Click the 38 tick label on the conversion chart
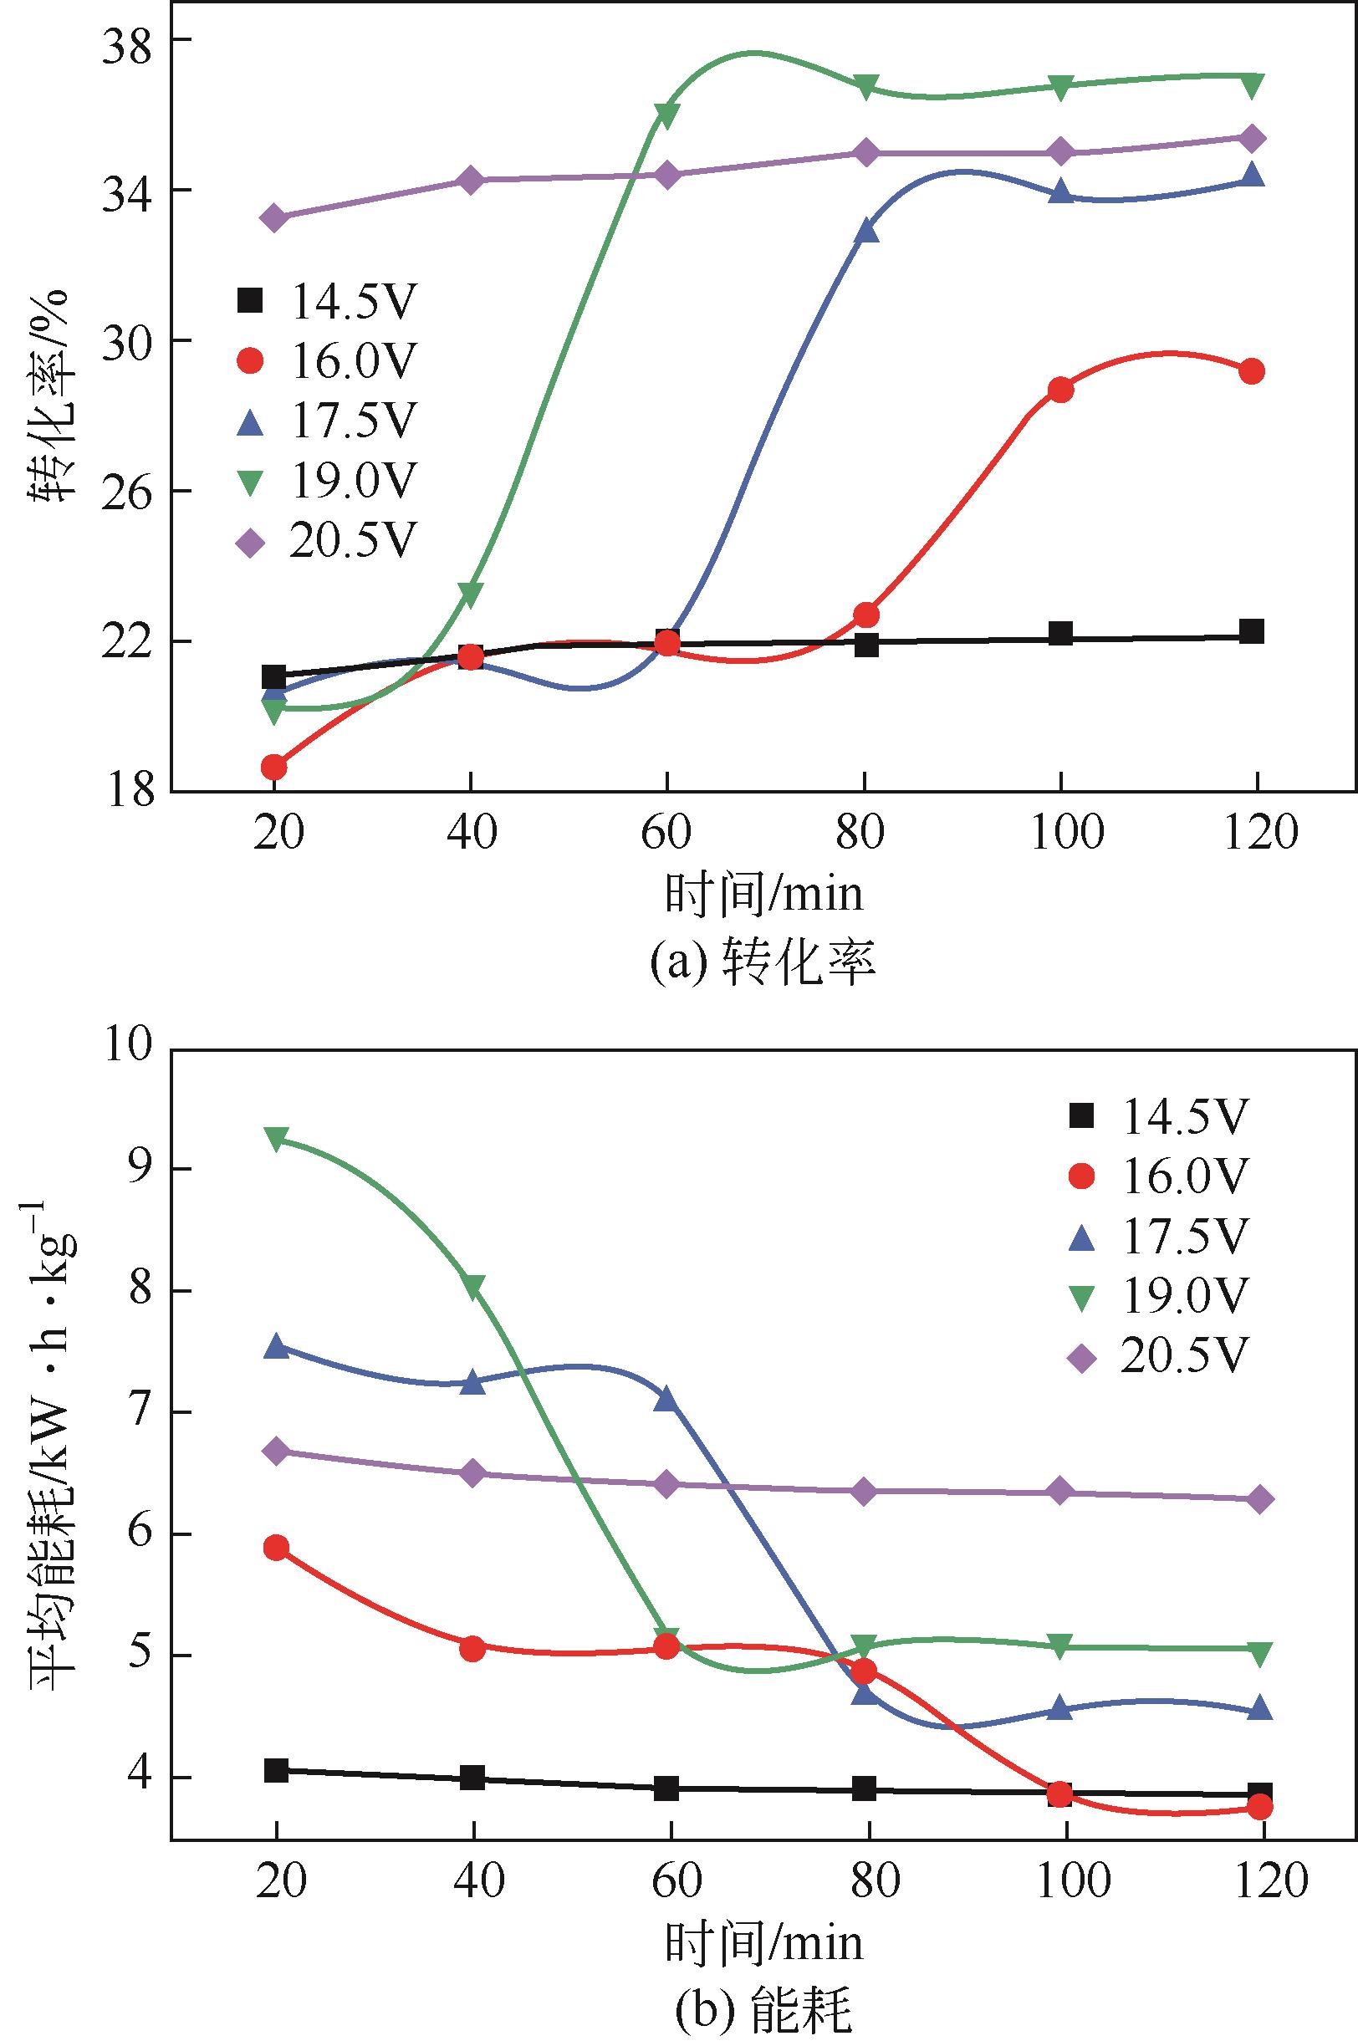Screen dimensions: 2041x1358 pos(129,41)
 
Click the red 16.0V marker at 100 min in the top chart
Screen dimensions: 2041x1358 pos(1060,390)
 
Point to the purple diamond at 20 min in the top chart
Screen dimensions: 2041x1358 pos(274,218)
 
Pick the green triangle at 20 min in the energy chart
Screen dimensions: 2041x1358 pos(276,1139)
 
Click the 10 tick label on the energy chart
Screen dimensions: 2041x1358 pos(129,1047)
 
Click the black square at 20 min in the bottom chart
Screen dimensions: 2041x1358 pos(276,1771)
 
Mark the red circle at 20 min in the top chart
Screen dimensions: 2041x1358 pos(274,767)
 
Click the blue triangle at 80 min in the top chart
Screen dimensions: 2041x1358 pos(867,230)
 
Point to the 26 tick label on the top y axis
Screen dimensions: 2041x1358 pos(129,492)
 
